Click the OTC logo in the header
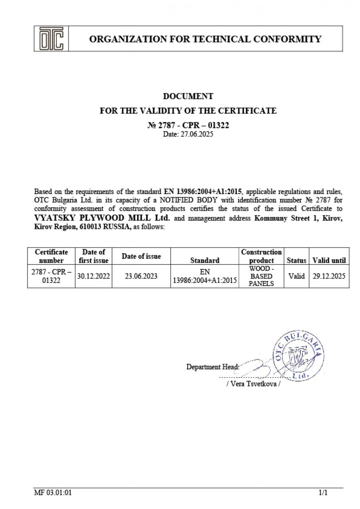51,39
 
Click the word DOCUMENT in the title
188,96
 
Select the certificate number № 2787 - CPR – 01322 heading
188,125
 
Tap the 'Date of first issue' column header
94,256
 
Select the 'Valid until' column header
329,260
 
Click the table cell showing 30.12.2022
94,276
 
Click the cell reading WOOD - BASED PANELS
261,276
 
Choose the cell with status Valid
296,276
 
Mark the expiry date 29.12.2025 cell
329,276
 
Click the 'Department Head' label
212,367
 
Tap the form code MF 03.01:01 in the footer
53,493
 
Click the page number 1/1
323,493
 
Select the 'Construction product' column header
261,256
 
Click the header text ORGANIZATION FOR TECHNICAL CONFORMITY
205,39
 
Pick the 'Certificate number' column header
51,256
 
